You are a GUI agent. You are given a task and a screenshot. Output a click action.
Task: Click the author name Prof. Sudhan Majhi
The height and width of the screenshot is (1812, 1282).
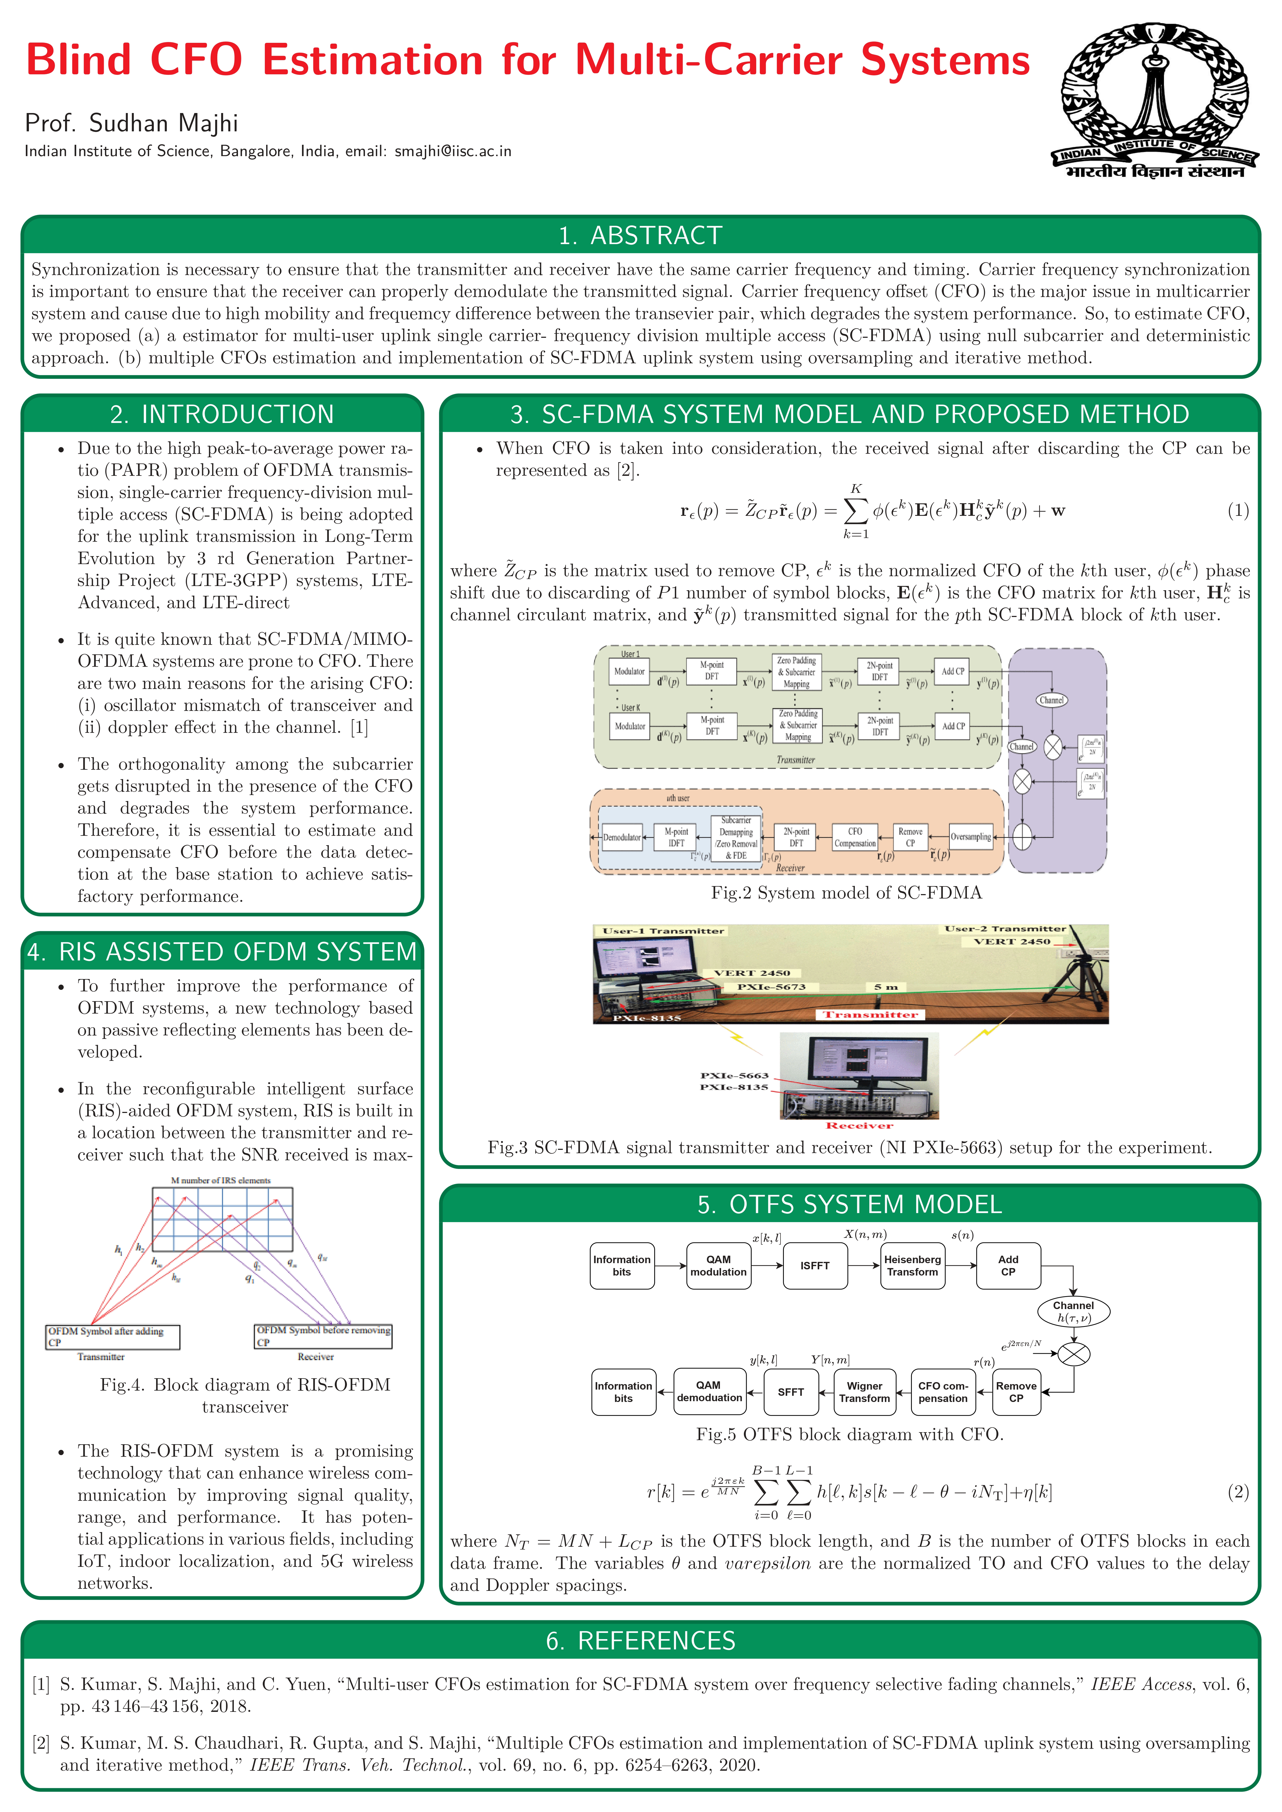(x=131, y=123)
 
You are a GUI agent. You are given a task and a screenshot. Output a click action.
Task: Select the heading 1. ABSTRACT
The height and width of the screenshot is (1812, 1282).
(x=640, y=235)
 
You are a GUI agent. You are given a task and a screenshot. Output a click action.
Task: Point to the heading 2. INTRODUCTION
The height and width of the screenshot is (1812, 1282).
(x=222, y=414)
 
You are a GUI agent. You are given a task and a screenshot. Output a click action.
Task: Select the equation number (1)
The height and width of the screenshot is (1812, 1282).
(x=1237, y=511)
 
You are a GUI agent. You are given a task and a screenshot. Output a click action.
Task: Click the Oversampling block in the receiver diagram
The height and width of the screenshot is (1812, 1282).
(x=970, y=837)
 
